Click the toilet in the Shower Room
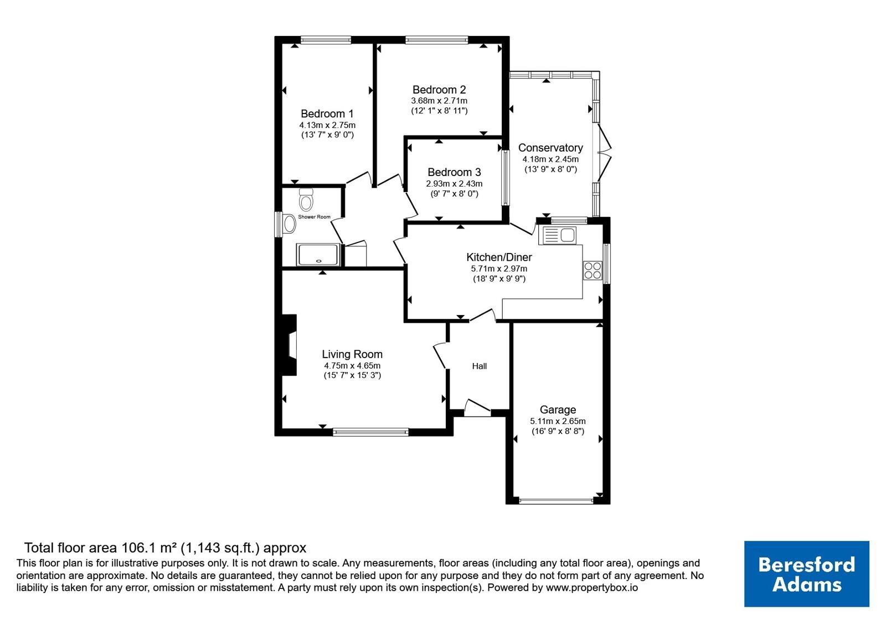pos(306,200)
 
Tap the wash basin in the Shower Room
pos(290,224)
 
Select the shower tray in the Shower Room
pos(318,255)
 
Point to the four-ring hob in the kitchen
pos(593,271)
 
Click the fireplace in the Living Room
pos(289,345)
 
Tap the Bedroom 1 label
pos(327,114)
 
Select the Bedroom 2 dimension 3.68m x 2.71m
pos(439,101)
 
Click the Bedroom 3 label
pos(454,172)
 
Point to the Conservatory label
pos(550,148)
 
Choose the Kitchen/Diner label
pos(499,257)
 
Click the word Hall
pos(480,366)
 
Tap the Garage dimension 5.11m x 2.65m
pos(558,421)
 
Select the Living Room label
pos(352,354)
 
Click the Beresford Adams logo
pos(807,574)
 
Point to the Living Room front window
pos(370,432)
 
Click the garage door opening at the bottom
pos(556,501)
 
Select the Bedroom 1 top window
pos(326,40)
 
